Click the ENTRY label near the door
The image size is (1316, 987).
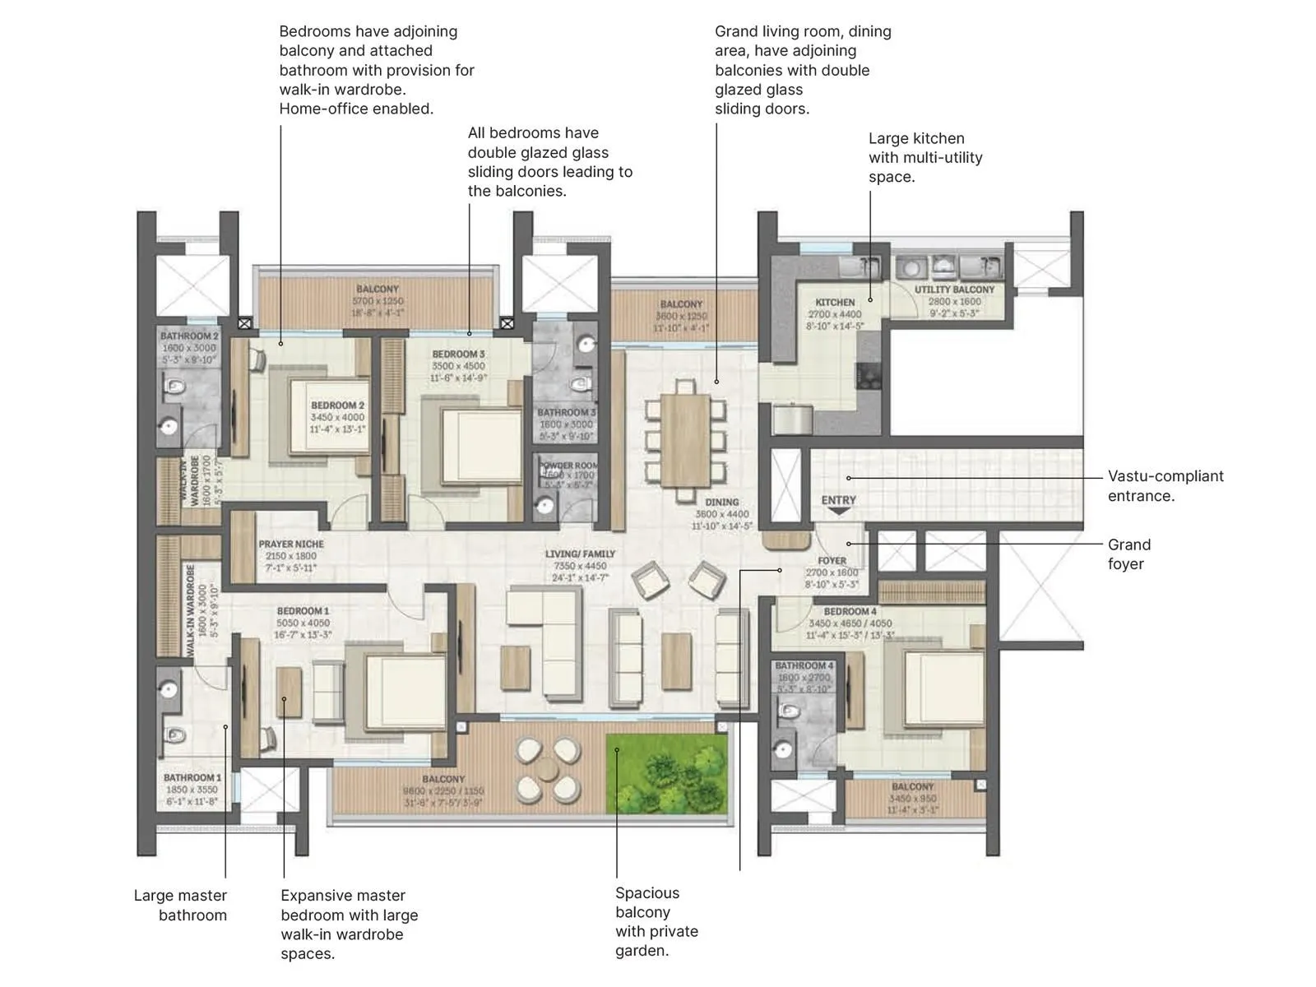click(838, 500)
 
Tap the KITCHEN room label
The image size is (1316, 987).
click(835, 303)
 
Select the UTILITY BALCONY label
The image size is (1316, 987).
click(954, 290)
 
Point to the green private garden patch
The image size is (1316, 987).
click(667, 774)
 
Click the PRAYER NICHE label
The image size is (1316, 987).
click(291, 544)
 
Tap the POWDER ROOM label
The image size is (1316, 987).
click(568, 466)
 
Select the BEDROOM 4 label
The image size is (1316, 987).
click(850, 612)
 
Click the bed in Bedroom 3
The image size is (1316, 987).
click(477, 444)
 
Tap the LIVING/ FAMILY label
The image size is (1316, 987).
click(580, 554)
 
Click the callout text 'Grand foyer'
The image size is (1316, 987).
click(1128, 554)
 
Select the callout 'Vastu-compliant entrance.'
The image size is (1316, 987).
click(1165, 486)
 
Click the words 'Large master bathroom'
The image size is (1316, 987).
click(181, 905)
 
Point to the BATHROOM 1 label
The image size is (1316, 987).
click(192, 778)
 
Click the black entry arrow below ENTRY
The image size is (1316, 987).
click(838, 512)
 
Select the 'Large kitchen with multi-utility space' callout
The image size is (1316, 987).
click(924, 158)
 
